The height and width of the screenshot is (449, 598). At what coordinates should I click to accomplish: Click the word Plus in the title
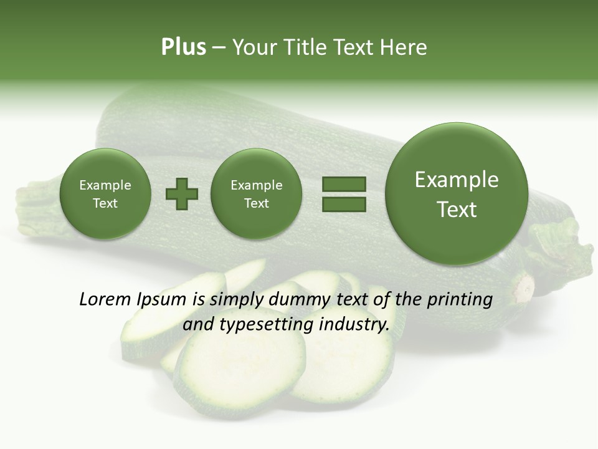click(x=183, y=47)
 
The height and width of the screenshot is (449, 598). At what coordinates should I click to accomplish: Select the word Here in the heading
click(x=404, y=47)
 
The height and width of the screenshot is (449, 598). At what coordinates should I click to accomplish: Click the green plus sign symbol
click(x=182, y=195)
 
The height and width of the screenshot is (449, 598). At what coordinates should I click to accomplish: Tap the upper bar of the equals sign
click(x=344, y=184)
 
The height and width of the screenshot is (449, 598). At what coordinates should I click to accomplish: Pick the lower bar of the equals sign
click(x=344, y=204)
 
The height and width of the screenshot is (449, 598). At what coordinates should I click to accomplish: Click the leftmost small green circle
click(x=105, y=194)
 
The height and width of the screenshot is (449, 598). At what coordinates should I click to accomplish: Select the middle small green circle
click(x=256, y=194)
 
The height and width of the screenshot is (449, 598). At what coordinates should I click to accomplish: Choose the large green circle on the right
click(x=457, y=194)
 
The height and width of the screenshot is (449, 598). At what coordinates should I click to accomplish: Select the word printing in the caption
click(x=459, y=300)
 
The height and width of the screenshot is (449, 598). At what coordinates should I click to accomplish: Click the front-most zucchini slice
click(x=240, y=368)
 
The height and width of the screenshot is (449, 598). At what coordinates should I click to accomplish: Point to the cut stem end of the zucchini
click(x=523, y=288)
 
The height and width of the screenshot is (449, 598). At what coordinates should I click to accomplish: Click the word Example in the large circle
click(x=457, y=180)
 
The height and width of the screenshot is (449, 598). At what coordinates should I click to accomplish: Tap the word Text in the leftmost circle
click(x=105, y=203)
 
